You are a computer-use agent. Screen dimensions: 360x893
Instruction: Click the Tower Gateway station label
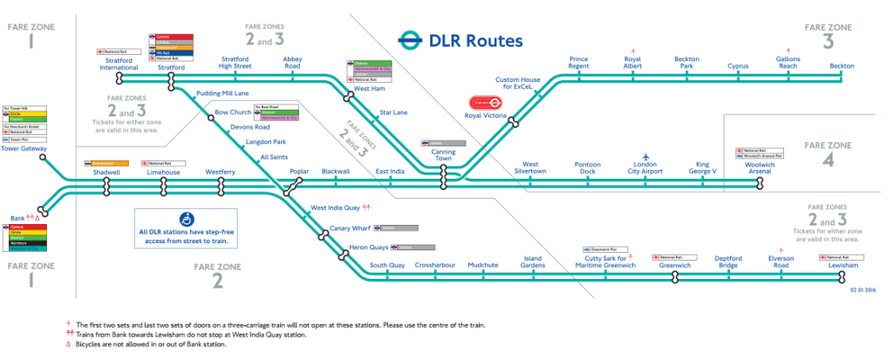coord(24,148)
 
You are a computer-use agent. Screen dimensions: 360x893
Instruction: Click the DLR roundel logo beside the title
coord(409,40)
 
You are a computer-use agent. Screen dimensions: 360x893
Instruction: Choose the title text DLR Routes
coord(475,40)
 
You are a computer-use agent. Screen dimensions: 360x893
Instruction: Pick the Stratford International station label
coord(119,63)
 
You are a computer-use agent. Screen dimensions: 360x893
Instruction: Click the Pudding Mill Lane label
coord(222,92)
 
